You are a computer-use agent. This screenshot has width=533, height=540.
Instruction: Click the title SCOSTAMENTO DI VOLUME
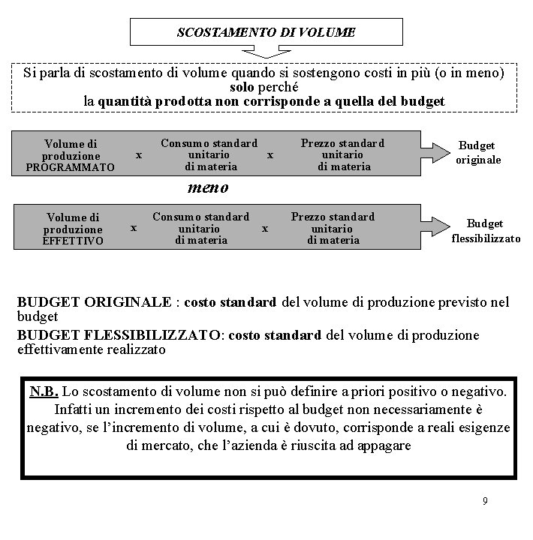pyautogui.click(x=266, y=32)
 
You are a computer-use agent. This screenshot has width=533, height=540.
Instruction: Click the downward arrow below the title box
pyautogui.click(x=266, y=52)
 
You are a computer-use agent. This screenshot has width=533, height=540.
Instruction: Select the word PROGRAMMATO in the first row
pyautogui.click(x=70, y=167)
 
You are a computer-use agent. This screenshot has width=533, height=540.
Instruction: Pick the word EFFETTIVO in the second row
pyautogui.click(x=74, y=241)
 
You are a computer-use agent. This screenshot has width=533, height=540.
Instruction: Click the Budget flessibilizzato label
pyautogui.click(x=485, y=231)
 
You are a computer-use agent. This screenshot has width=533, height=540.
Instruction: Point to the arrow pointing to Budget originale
pyautogui.click(x=433, y=154)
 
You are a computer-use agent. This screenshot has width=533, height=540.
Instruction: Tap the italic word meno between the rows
pyautogui.click(x=207, y=187)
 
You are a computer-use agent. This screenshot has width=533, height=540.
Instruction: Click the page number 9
pyautogui.click(x=485, y=500)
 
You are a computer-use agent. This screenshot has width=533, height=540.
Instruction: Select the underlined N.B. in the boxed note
pyautogui.click(x=44, y=392)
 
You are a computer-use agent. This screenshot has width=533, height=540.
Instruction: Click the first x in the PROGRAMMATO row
pyautogui.click(x=138, y=154)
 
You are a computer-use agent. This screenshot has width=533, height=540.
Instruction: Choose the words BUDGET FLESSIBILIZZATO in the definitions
pyautogui.click(x=119, y=335)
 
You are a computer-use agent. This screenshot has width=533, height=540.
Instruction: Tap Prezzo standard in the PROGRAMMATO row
pyautogui.click(x=342, y=143)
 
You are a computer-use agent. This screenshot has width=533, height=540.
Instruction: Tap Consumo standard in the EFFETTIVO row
pyautogui.click(x=200, y=217)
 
